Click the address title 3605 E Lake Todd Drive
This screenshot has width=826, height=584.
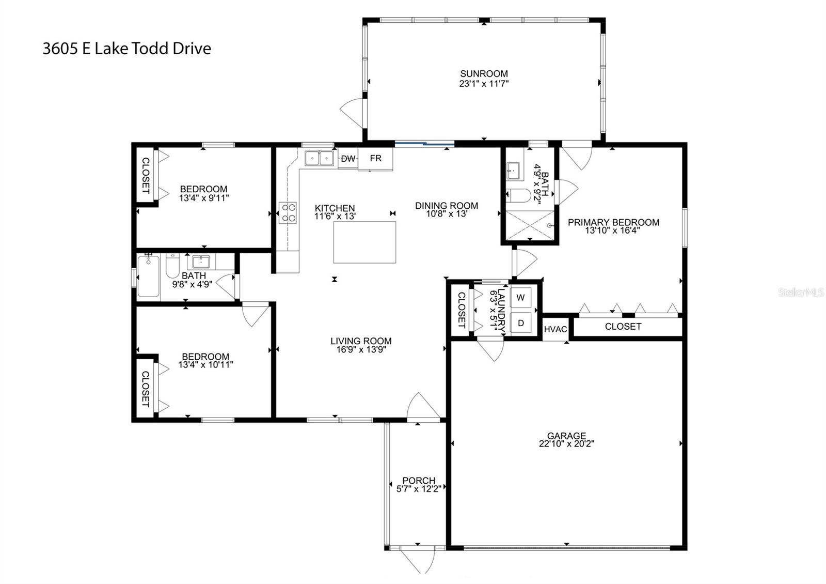tap(127, 49)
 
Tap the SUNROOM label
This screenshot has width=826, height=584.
tap(484, 74)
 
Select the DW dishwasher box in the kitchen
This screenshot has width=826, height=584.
tap(348, 159)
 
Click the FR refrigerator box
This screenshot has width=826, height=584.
tap(375, 159)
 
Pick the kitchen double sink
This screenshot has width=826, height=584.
tap(319, 158)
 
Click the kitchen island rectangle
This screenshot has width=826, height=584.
tap(364, 242)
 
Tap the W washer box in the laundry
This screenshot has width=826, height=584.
tap(520, 297)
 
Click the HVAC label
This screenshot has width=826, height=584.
tap(555, 330)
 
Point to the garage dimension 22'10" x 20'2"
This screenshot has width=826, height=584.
tap(566, 443)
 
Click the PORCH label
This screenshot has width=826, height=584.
tap(419, 481)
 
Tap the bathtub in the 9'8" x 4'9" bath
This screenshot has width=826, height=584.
tap(148, 276)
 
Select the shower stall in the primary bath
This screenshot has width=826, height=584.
tap(530, 225)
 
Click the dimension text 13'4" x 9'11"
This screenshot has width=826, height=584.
tap(203, 197)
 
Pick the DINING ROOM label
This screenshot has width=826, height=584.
tap(447, 206)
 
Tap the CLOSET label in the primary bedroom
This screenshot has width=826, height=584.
tap(623, 327)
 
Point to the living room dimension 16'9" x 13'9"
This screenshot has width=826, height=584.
tap(361, 349)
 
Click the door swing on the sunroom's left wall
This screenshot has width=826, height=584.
tap(353, 112)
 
